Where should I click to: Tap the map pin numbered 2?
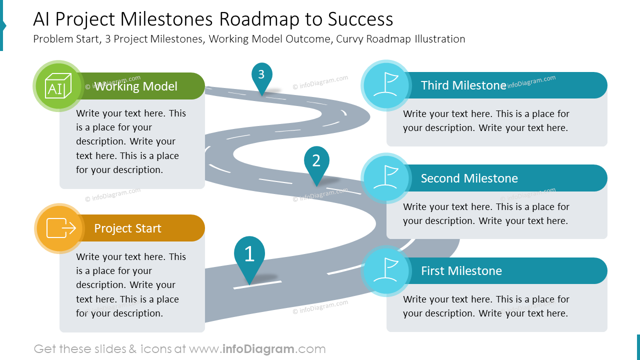point(316,161)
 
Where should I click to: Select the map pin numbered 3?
point(261,75)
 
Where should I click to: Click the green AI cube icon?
point(58,86)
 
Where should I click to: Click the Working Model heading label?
point(135,86)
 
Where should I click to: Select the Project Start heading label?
point(127,228)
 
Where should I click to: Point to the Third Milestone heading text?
point(463,85)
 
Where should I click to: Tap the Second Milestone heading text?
point(469,178)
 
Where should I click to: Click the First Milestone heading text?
point(461,271)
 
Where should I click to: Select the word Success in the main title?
point(360,19)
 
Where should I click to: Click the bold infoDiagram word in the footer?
point(258,349)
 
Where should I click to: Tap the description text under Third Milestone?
point(485,121)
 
